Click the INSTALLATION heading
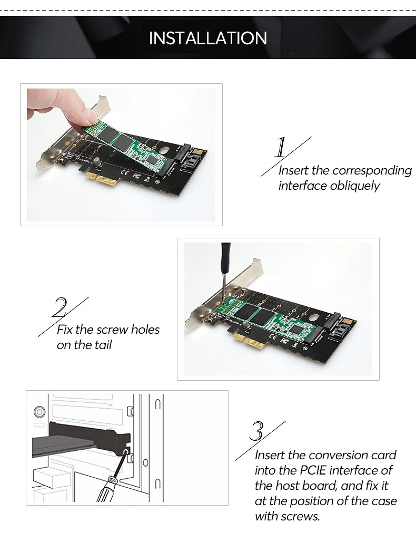point(208,38)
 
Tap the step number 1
point(281,147)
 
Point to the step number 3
point(256,431)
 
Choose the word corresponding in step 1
point(372,171)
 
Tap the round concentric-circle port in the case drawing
point(39,412)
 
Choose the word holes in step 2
point(145,330)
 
